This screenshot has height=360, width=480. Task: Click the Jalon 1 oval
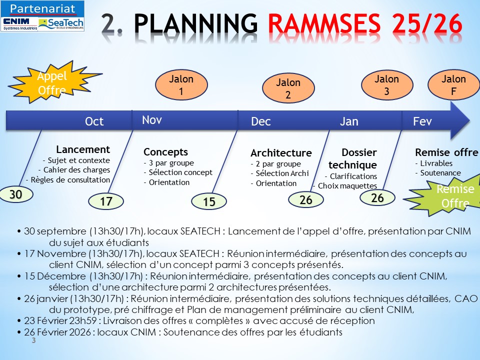[x=181, y=85]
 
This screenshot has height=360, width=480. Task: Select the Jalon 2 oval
[x=288, y=89]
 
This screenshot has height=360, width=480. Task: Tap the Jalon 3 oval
[x=387, y=85]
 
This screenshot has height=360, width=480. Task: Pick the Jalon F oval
[x=453, y=85]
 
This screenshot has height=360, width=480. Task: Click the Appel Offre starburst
[x=52, y=83]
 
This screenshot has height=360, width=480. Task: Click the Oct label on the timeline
[x=94, y=121]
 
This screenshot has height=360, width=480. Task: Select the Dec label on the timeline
[x=261, y=121]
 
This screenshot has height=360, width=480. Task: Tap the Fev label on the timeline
[x=422, y=121]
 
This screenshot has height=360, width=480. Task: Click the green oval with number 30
[x=16, y=195]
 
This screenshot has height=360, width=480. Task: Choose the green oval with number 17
[x=106, y=201]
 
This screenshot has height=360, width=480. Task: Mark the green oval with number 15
[x=209, y=201]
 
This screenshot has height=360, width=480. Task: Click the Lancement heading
[x=83, y=149]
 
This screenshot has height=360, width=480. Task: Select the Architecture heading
[x=281, y=153]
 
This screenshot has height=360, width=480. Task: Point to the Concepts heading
[x=165, y=152]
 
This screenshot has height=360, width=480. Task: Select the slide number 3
[x=34, y=340]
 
